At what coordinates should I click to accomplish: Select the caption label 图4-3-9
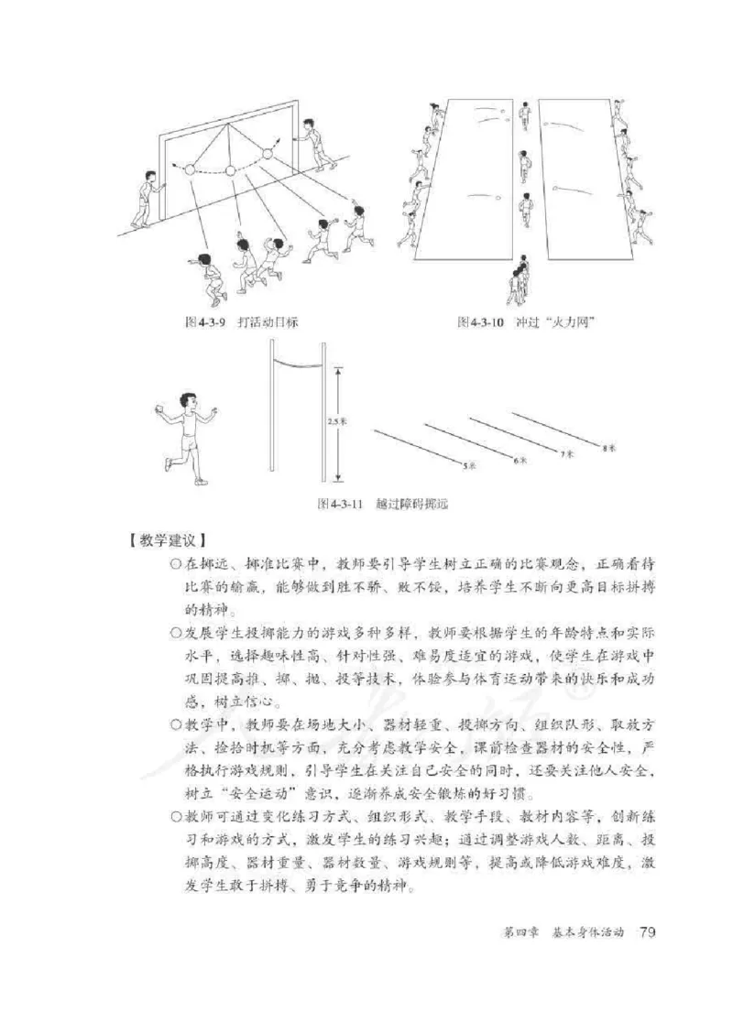pyautogui.click(x=203, y=322)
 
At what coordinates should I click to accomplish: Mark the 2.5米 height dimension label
pyautogui.click(x=334, y=422)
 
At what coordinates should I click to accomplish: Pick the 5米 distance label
pyautogui.click(x=469, y=466)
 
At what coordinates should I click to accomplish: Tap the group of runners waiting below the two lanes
pyautogui.click(x=518, y=281)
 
